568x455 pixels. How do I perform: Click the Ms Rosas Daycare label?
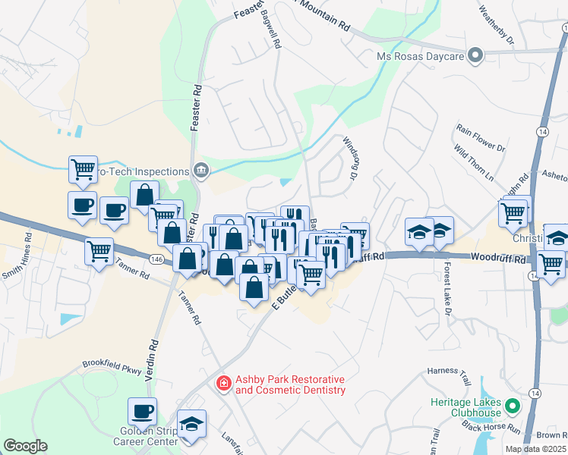(x=421, y=56)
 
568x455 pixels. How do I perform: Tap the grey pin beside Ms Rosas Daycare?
(x=475, y=55)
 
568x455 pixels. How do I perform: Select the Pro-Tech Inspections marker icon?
(x=200, y=169)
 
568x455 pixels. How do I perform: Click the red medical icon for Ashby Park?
(x=224, y=384)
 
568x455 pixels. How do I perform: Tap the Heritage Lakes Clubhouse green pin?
(x=513, y=406)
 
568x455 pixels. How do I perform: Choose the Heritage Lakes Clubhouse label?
(x=465, y=406)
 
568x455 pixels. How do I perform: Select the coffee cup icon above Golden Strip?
(x=142, y=412)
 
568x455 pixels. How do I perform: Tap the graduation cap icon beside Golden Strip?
(x=192, y=424)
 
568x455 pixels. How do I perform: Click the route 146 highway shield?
(x=157, y=259)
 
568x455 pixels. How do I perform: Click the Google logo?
(x=25, y=446)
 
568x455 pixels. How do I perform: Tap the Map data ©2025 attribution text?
(x=535, y=449)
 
